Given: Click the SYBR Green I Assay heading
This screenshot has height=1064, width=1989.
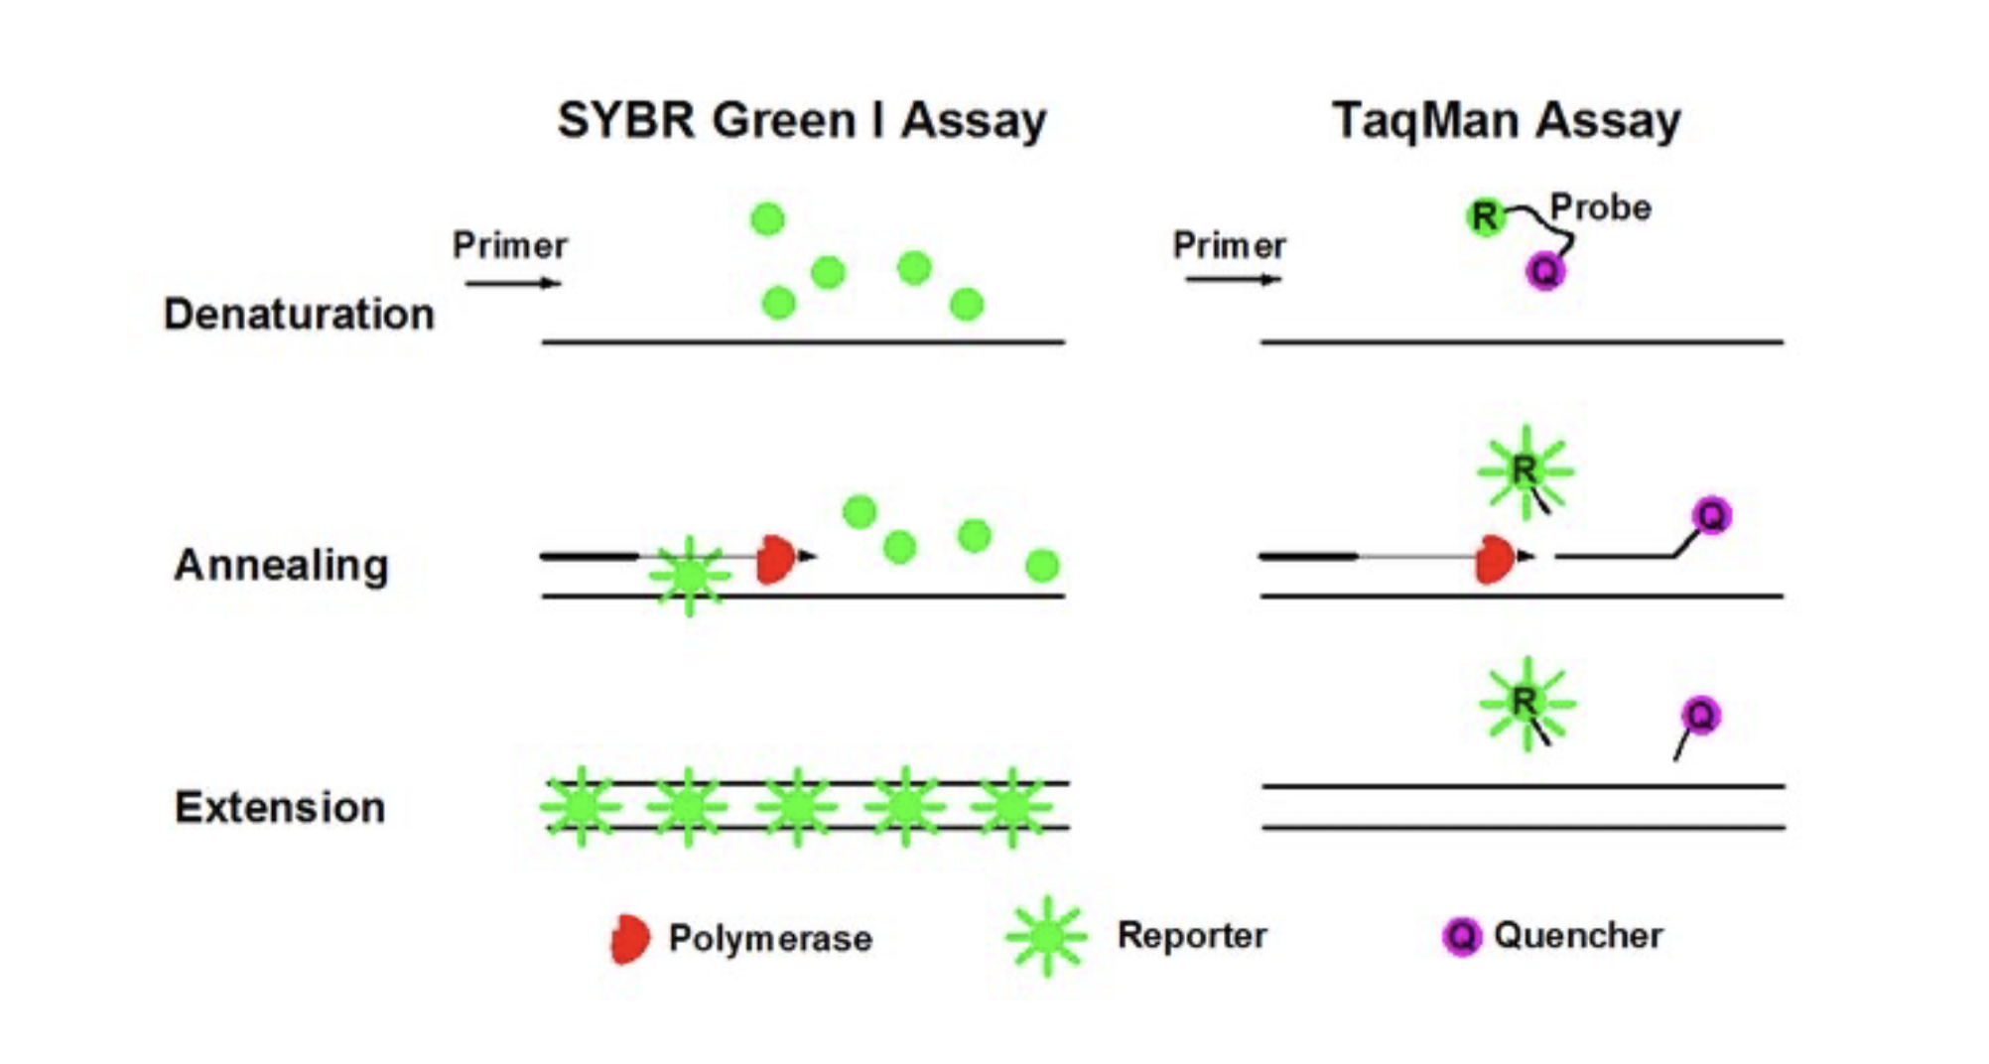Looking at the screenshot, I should pyautogui.click(x=801, y=121).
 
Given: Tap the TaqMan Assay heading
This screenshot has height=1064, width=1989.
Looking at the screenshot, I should pyautogui.click(x=1506, y=121).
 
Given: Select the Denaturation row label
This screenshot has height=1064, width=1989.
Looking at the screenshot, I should pyautogui.click(x=299, y=314).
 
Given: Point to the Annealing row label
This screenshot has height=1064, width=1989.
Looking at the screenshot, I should pyautogui.click(x=281, y=565).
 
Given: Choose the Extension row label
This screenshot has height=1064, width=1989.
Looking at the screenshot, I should pyautogui.click(x=280, y=807).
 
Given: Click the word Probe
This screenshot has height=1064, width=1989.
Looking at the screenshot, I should pyautogui.click(x=1600, y=207).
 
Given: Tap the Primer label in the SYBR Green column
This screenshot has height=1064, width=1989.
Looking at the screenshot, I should pyautogui.click(x=510, y=245).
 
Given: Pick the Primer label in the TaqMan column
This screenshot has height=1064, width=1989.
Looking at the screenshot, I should pyautogui.click(x=1229, y=245).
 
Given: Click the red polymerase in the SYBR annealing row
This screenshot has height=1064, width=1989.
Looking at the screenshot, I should pyautogui.click(x=775, y=560).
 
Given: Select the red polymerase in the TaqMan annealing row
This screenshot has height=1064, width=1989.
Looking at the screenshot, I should pyautogui.click(x=1494, y=560).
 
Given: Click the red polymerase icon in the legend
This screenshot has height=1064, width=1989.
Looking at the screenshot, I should pyautogui.click(x=630, y=939).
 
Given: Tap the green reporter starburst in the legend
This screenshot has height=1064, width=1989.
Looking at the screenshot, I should pyautogui.click(x=1046, y=936).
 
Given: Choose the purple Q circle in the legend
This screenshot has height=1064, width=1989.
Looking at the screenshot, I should pyautogui.click(x=1461, y=936).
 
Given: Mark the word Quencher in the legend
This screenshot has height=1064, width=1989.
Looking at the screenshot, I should pyautogui.click(x=1577, y=935).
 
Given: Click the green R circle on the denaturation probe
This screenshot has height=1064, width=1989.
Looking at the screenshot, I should pyautogui.click(x=1485, y=216).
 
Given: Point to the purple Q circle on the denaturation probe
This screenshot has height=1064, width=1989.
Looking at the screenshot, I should pyautogui.click(x=1545, y=270).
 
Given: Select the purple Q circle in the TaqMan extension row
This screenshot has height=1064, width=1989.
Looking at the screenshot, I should pyautogui.click(x=1700, y=716).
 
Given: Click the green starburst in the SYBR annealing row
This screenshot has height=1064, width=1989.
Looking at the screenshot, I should pyautogui.click(x=690, y=576).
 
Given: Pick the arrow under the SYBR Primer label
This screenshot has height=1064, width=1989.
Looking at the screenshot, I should pyautogui.click(x=513, y=284).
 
